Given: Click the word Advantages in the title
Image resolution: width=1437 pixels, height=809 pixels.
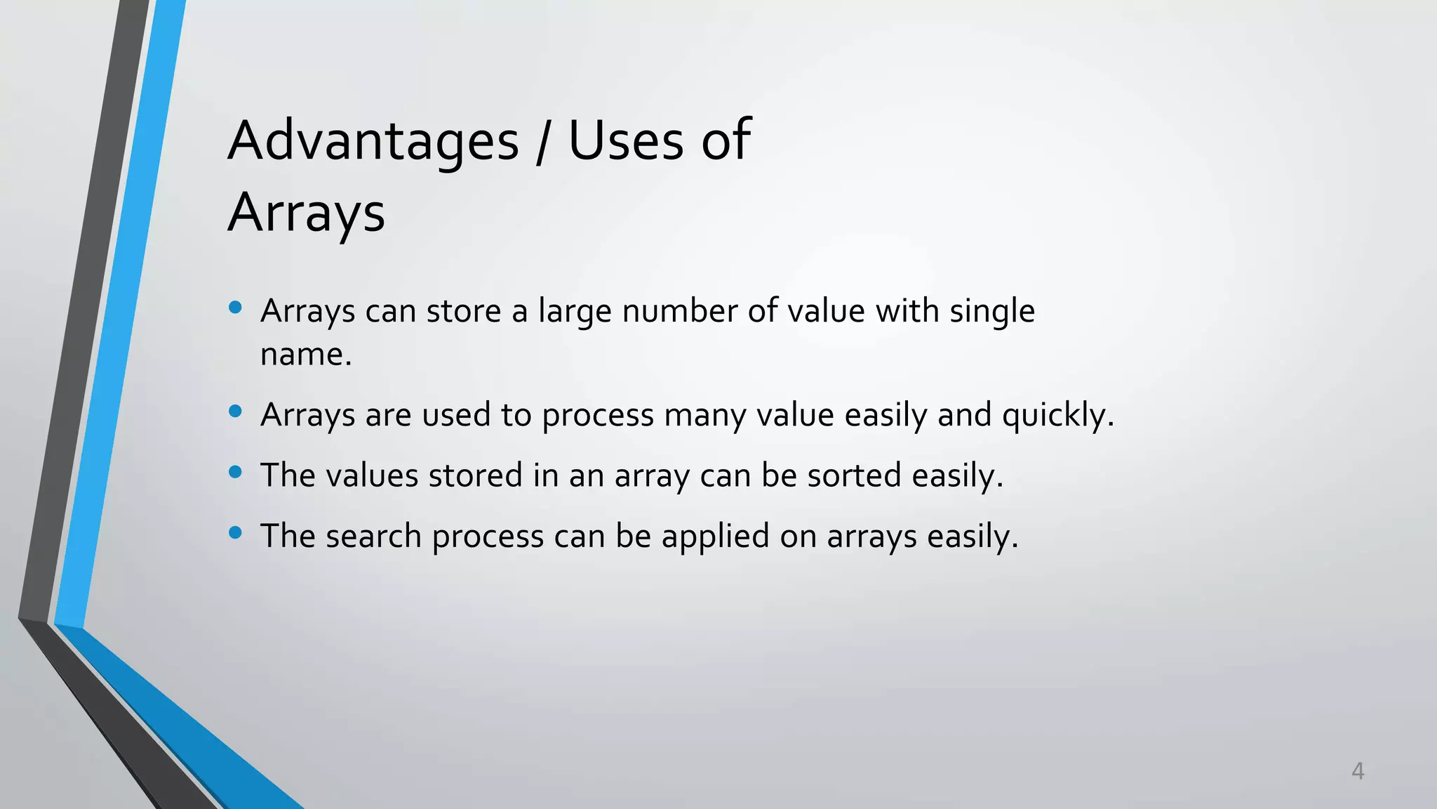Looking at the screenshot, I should [x=373, y=140].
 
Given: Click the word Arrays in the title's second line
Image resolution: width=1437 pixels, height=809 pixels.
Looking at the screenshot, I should [x=307, y=212].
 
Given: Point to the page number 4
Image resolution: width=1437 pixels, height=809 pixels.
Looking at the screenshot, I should [x=1358, y=771].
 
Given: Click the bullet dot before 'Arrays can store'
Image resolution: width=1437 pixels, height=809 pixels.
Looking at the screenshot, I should [x=236, y=307].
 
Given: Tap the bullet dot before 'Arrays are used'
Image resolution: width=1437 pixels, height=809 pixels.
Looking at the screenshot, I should [x=236, y=411].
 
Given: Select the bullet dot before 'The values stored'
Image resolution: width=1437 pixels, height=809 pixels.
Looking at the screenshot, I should [x=236, y=472].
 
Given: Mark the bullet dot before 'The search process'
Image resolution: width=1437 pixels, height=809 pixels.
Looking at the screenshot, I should [x=236, y=533].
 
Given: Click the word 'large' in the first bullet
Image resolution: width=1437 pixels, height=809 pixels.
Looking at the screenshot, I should [x=575, y=312].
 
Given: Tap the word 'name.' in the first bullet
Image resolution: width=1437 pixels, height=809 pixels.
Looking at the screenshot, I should [x=306, y=355].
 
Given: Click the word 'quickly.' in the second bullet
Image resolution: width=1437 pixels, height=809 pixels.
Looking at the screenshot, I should [x=1058, y=416].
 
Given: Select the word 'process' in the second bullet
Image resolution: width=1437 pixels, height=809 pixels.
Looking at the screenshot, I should [x=598, y=416].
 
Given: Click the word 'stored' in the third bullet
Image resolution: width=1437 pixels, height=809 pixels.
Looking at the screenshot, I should [x=476, y=476].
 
